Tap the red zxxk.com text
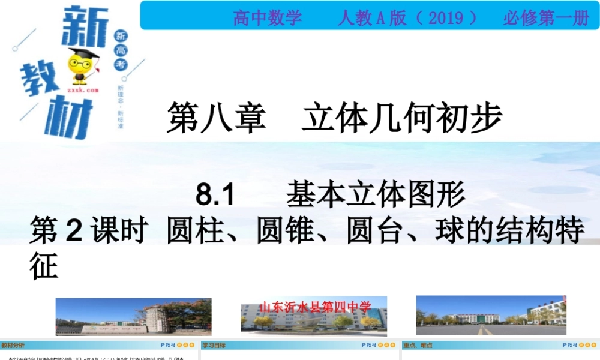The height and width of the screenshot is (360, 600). (82, 89)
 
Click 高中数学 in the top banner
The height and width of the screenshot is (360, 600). (268, 18)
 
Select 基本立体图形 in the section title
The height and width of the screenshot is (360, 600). (376, 194)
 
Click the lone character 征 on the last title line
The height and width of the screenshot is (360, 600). (44, 266)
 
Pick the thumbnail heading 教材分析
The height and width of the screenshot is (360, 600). (13, 345)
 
